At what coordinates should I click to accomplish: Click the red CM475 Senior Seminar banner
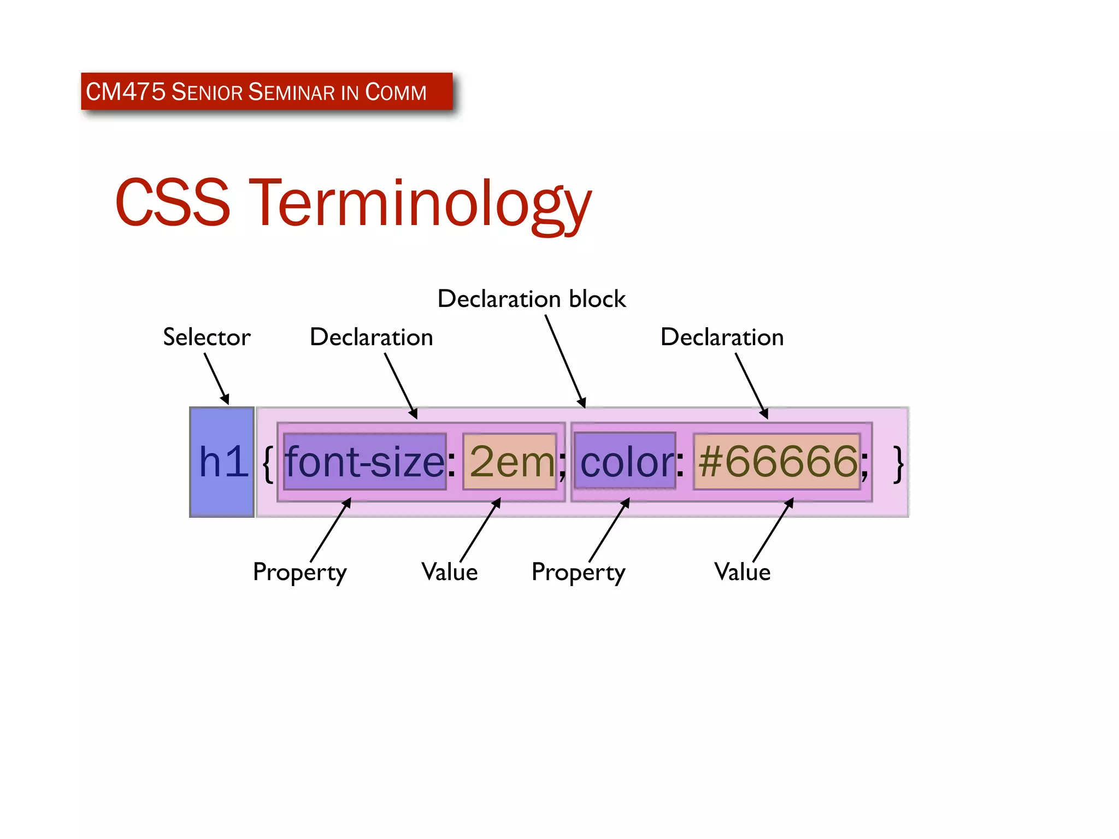[x=267, y=91]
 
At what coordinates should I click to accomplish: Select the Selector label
[x=207, y=337]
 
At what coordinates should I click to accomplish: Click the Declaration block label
[x=531, y=299]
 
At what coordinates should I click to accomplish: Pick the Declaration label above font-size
[x=371, y=337]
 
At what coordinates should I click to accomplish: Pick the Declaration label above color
[x=722, y=337]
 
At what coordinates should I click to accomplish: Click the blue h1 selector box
[x=222, y=462]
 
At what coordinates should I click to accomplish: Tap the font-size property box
[x=365, y=462]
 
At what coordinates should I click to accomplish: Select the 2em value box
[x=510, y=462]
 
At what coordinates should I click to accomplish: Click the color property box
[x=625, y=462]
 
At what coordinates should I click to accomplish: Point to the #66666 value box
[x=776, y=462]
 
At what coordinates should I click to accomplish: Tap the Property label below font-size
[x=299, y=572]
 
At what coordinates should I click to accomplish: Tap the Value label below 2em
[x=449, y=572]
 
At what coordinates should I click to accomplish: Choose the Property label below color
[x=578, y=572]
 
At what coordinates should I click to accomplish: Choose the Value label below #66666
[x=742, y=572]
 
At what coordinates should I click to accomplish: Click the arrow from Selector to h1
[x=217, y=379]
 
